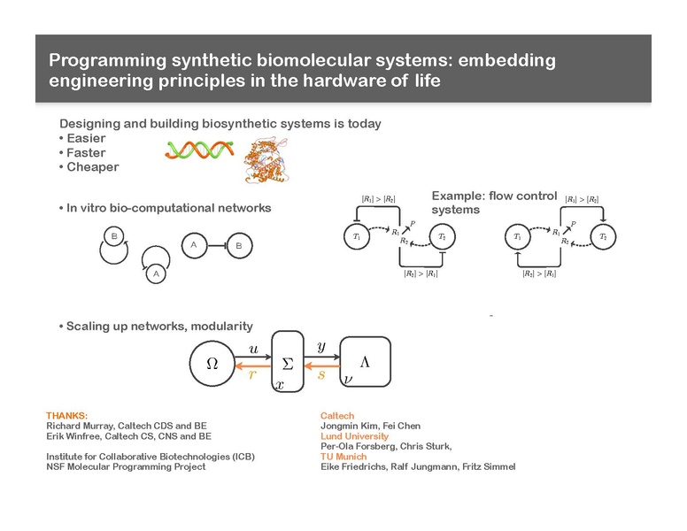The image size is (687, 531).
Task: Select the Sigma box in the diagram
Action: (287, 363)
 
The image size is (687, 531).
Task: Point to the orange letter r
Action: (252, 374)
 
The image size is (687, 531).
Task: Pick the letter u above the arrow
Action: (254, 350)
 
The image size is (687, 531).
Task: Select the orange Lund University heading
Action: (354, 436)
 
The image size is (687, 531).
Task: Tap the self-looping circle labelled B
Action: (113, 236)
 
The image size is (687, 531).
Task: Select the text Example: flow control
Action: (493, 196)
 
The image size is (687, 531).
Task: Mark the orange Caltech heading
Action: (336, 416)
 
